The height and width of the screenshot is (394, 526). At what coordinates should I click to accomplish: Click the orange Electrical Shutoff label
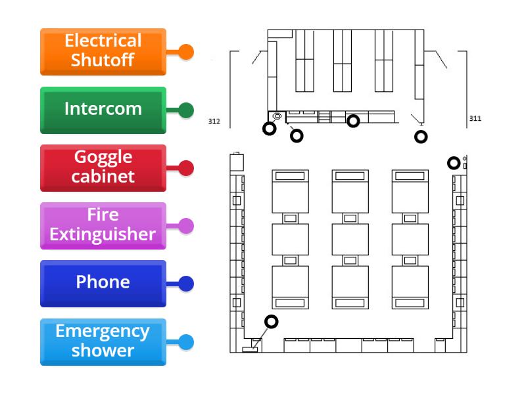coord(103,51)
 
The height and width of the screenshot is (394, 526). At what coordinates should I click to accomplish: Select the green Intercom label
coord(103,109)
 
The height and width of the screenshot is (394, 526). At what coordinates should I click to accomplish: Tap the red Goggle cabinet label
coord(103,167)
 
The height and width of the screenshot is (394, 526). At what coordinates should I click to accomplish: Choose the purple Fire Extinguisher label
coord(103,225)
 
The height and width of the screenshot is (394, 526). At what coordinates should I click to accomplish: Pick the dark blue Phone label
coord(103,283)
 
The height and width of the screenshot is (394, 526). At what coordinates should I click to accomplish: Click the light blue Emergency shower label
coord(103,341)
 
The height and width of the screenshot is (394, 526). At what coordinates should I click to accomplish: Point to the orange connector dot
coord(186,52)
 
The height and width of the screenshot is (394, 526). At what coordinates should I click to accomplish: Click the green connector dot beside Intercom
coord(186,110)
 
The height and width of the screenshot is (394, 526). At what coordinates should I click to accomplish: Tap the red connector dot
coord(186,168)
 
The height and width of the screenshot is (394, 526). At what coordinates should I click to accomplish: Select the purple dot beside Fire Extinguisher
coord(186,226)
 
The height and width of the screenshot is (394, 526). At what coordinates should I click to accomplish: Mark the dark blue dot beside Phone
coord(186,284)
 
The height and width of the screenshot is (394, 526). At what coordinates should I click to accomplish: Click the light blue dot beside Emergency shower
coord(186,342)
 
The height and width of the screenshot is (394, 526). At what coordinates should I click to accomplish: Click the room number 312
coord(214,121)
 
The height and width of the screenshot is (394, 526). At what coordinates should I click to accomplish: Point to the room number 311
coord(475,119)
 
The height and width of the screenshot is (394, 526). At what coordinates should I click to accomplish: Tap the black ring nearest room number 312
coord(269,129)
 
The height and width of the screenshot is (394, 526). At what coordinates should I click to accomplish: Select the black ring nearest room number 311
coord(421,137)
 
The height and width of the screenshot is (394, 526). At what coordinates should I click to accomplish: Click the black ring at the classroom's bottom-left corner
coord(271,322)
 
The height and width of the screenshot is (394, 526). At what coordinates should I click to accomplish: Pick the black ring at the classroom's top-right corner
coord(454,163)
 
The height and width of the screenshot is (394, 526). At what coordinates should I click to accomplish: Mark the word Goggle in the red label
coord(103,158)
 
